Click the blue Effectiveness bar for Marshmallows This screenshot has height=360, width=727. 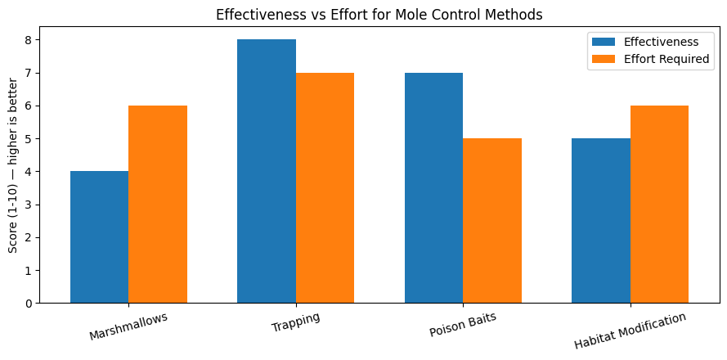coord(99,237)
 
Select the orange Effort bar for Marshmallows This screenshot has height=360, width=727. coord(158,205)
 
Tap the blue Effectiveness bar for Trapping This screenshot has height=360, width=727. coord(267,171)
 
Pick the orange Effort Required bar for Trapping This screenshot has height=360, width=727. coord(325,188)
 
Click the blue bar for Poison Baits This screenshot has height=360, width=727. coord(433,188)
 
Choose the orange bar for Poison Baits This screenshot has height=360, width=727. coord(492,221)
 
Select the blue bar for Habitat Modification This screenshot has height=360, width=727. coord(601,221)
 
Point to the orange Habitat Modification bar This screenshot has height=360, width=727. coord(659,205)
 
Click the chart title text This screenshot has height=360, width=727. coord(379,14)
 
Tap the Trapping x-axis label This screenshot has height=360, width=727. coord(296,322)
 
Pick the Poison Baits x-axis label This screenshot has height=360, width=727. coord(463,325)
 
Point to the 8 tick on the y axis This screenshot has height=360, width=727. coord(27,40)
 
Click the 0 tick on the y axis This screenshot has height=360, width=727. coord(27,304)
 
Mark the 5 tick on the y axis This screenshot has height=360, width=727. coord(27,139)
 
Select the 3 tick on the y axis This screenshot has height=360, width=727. coord(27,205)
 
